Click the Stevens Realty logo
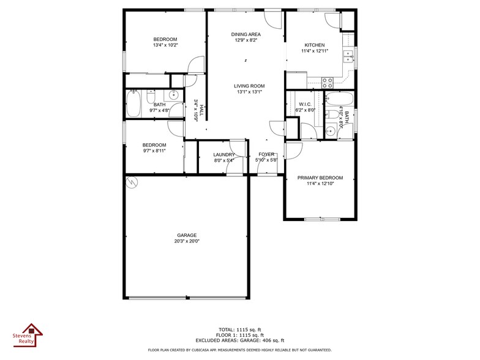(x=28, y=336)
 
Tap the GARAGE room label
(x=187, y=234)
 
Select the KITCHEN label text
(x=314, y=45)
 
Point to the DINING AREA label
(x=246, y=34)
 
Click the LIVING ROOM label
(x=249, y=86)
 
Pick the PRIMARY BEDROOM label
(x=320, y=178)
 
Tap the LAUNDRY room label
(x=224, y=154)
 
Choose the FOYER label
(x=266, y=154)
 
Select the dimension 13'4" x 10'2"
(x=165, y=45)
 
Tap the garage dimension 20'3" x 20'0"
(x=187, y=241)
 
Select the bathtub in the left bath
(x=133, y=104)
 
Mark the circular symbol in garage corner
(x=132, y=182)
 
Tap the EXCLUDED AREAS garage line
(x=239, y=340)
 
